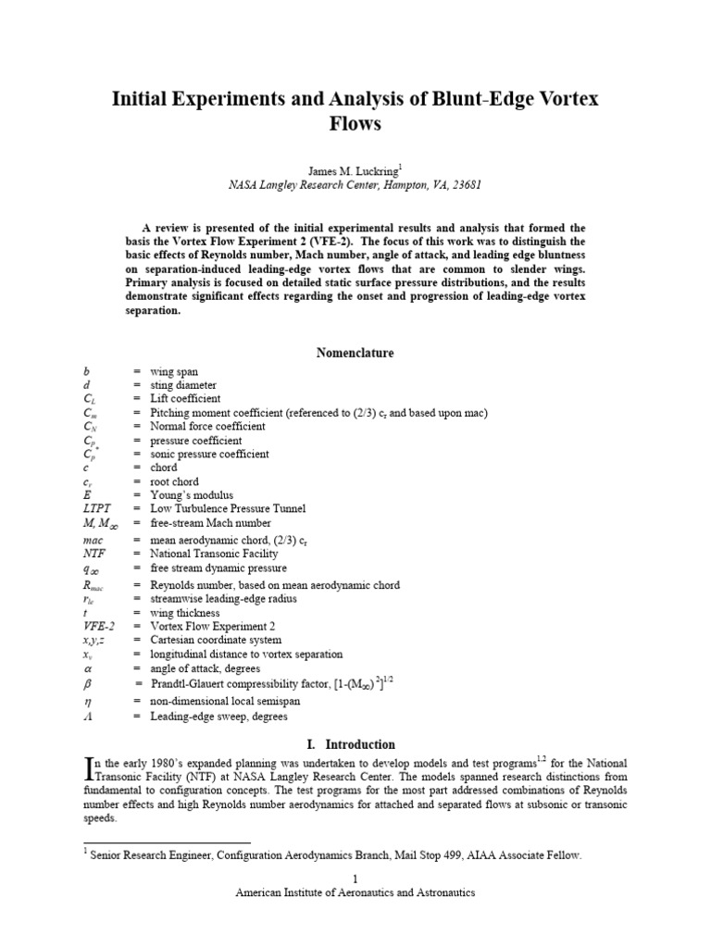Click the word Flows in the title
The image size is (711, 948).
(355, 122)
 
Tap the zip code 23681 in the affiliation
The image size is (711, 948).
(463, 184)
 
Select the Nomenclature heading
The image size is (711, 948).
(355, 353)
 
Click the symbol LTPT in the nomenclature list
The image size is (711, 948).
(97, 508)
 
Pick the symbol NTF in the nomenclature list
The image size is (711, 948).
(93, 554)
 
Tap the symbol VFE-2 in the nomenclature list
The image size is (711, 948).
(98, 626)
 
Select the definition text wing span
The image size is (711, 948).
(174, 371)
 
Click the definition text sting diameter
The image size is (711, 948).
(182, 385)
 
